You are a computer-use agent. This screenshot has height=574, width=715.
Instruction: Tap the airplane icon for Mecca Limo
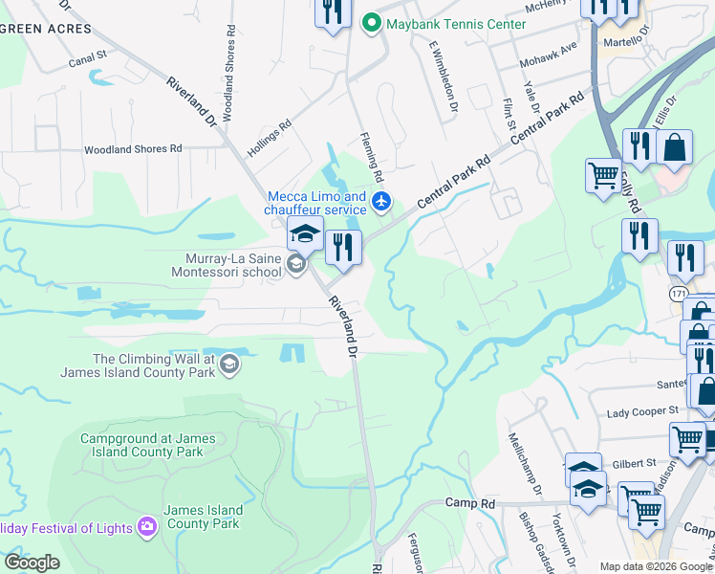pyautogui.click(x=381, y=200)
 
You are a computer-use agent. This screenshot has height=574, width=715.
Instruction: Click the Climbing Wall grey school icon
pyautogui.click(x=228, y=364)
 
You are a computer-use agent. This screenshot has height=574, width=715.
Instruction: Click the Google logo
pyautogui.click(x=32, y=563)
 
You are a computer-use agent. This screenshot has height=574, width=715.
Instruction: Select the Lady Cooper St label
pyautogui.click(x=641, y=414)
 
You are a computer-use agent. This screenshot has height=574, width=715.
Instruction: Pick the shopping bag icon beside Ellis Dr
pyautogui.click(x=674, y=147)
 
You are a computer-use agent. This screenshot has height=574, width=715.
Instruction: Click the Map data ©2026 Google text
pyautogui.click(x=656, y=566)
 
